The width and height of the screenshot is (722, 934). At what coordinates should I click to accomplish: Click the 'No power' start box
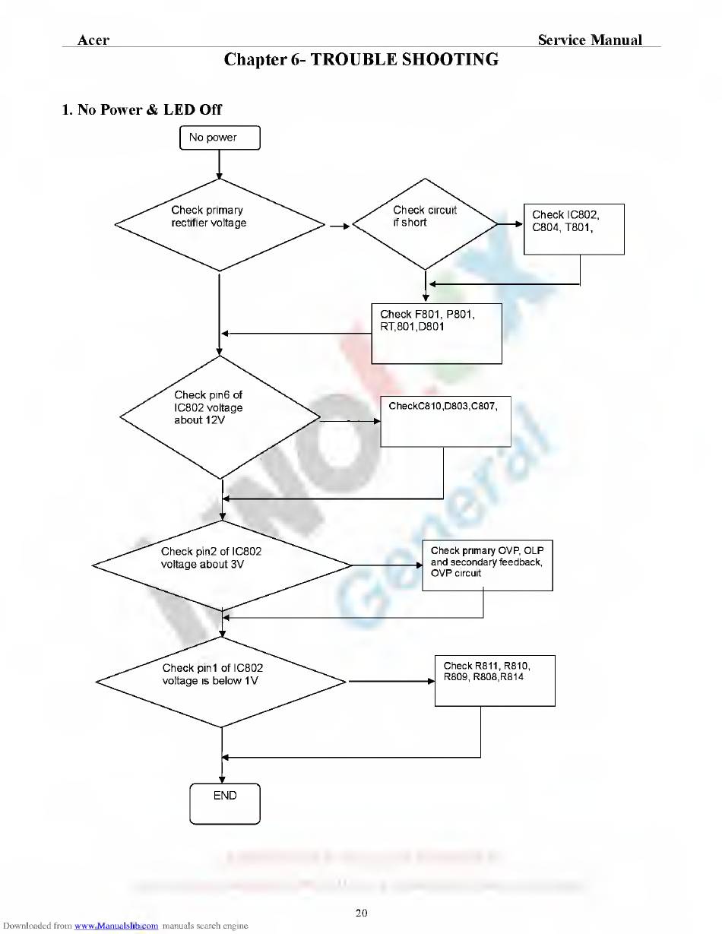coord(220,138)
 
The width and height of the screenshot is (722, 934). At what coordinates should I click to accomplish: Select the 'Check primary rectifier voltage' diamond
coord(219,225)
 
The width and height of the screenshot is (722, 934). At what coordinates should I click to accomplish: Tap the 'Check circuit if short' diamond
coord(423,223)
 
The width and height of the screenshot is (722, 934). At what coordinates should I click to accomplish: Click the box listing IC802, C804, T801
coord(574,228)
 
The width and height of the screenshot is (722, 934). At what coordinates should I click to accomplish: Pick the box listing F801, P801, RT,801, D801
coord(436,334)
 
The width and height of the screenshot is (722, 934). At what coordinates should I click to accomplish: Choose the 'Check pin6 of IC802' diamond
coord(220,416)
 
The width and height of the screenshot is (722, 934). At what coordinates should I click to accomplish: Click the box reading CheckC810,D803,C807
coord(445,420)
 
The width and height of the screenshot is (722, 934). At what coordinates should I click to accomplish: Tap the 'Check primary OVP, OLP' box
coord(487,566)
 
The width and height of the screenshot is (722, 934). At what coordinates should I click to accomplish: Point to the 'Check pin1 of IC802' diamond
coord(221,682)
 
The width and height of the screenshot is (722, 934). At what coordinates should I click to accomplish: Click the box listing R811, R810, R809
coord(494,680)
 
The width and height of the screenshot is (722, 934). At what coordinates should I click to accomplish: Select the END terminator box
coord(225,803)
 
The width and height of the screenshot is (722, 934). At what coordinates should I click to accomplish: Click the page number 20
coord(361,913)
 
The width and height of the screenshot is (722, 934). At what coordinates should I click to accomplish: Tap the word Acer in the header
coord(93,40)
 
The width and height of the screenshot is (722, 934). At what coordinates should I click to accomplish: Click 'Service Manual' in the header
coord(590,40)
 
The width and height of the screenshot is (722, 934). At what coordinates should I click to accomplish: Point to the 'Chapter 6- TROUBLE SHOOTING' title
coord(361,60)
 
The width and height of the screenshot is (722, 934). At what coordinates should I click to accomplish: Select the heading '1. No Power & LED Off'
coord(142,109)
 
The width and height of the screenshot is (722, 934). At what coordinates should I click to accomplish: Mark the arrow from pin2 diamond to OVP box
coord(386,565)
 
